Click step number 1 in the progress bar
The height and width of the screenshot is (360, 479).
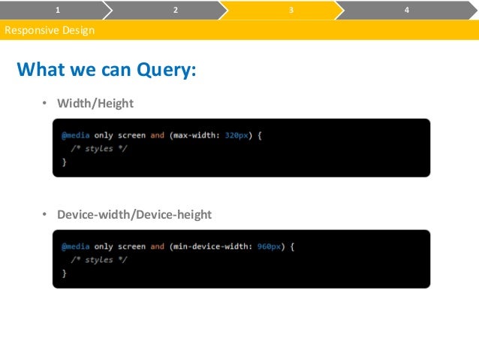click(x=59, y=10)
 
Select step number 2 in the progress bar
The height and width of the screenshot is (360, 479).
click(x=175, y=10)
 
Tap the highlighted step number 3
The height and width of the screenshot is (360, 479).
click(x=291, y=10)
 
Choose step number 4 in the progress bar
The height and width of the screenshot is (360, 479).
click(x=406, y=10)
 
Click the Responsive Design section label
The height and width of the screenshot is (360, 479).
click(x=50, y=31)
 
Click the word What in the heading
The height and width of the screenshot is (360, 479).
click(x=42, y=71)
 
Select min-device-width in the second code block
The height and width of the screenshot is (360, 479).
click(x=211, y=247)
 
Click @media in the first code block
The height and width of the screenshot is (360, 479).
click(x=76, y=135)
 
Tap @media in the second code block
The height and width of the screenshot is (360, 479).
click(x=76, y=247)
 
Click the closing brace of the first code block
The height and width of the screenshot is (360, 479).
click(x=64, y=162)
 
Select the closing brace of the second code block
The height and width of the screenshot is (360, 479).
click(x=64, y=273)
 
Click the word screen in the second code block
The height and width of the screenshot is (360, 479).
click(x=131, y=247)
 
